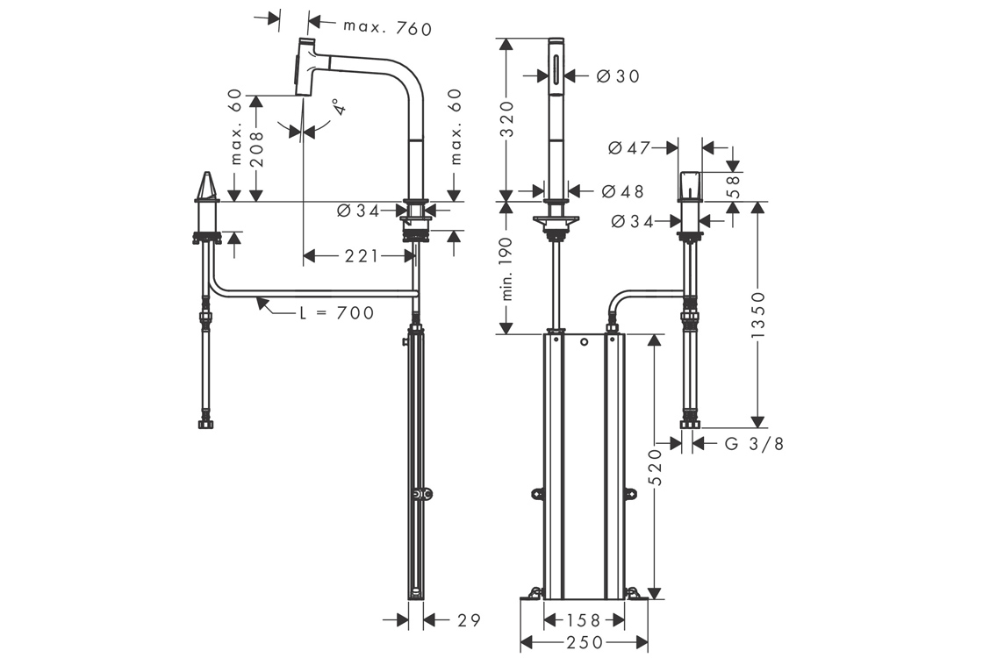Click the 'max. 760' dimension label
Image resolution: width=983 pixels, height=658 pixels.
[x=388, y=29]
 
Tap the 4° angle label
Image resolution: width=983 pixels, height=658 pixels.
[x=340, y=110]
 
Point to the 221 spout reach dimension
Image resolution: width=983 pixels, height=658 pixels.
[x=361, y=256]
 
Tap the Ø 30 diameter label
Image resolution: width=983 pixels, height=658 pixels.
[x=618, y=76]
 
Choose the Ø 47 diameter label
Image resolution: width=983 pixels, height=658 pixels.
[x=629, y=148]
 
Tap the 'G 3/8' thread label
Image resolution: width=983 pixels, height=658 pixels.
[x=754, y=444]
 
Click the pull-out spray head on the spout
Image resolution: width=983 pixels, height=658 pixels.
[x=305, y=68]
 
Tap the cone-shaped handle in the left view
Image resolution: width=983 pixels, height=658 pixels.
[x=207, y=188]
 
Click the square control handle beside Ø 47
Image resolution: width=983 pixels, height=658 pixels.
[x=689, y=184]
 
